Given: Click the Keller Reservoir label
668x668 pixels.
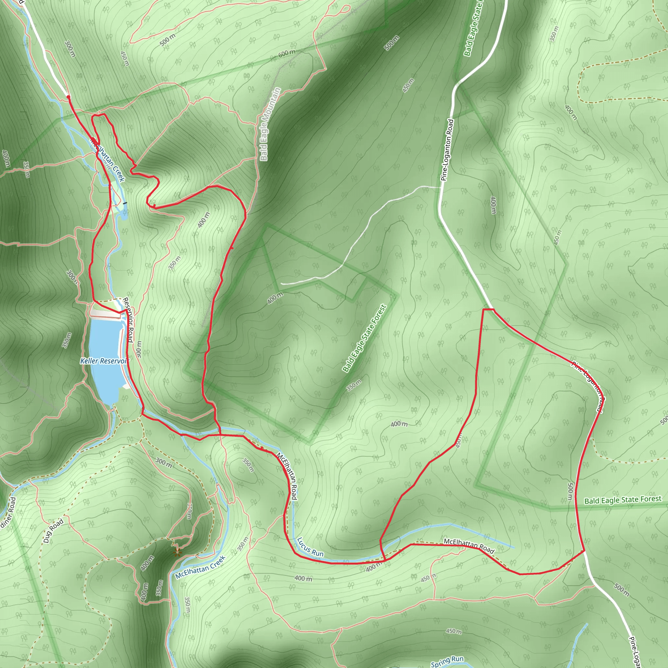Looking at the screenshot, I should [103, 361].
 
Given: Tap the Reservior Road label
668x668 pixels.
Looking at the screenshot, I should [128, 320].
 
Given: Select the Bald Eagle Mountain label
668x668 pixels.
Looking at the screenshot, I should [270, 124].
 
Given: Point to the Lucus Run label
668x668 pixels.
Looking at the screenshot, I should [310, 547].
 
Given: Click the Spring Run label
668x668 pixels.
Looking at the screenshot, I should [447, 661].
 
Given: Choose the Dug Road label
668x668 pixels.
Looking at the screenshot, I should [53, 531].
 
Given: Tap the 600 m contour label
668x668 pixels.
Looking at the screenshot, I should [287, 53].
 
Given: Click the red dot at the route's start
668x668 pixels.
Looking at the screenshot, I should [68, 97].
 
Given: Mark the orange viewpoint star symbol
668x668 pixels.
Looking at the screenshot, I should [177, 552].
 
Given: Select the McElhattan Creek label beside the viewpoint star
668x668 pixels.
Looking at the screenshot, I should [201, 567].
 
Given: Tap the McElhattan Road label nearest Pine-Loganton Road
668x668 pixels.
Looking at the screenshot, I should [469, 546].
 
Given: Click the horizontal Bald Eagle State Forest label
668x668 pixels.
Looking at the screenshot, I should [623, 500].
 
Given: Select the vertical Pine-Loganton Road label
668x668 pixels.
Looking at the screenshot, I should [447, 150].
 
